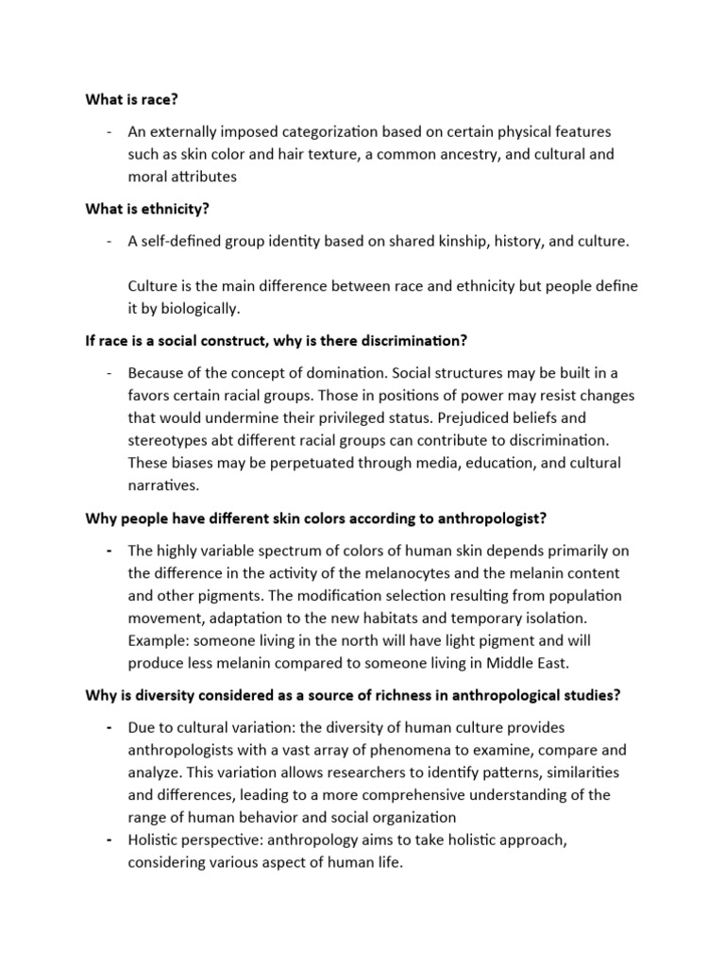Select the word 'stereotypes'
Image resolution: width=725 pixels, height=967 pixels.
coord(171,440)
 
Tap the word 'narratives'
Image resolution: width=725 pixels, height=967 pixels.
coord(164,484)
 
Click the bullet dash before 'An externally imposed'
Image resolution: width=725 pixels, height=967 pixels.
coord(111,131)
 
